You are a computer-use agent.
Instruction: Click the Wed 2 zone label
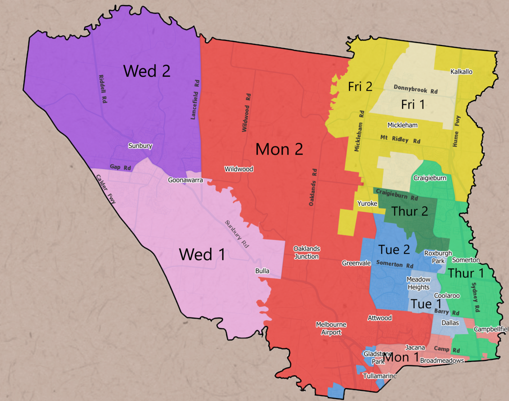coord(147,71)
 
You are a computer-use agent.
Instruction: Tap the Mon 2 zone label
coord(279,149)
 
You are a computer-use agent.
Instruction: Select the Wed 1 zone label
coord(202,254)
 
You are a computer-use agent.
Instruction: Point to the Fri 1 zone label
coord(413,105)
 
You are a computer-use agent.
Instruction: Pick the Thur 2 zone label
coord(409,211)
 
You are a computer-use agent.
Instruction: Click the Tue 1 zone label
coord(426,304)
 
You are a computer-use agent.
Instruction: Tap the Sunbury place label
coord(140,146)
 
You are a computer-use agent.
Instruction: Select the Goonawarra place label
coord(185,180)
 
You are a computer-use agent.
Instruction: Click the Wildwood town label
coord(239,169)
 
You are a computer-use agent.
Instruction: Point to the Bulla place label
coord(262,271)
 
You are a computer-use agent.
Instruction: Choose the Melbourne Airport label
coord(331,328)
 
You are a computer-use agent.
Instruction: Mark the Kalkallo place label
coord(461,72)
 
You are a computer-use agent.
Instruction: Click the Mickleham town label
coord(402,125)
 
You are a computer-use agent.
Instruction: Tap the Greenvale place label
coord(356,263)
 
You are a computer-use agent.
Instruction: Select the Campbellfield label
coord(490,329)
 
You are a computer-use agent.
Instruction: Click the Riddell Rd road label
coord(103,89)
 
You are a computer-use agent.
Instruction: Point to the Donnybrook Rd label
coord(415,89)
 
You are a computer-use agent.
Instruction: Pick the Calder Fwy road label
coord(106,189)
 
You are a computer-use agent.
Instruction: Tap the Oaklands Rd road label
coord(313,187)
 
